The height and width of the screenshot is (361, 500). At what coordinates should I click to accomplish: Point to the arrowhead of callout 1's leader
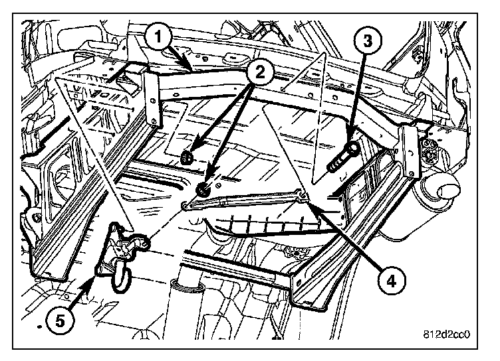(x=191, y=68)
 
